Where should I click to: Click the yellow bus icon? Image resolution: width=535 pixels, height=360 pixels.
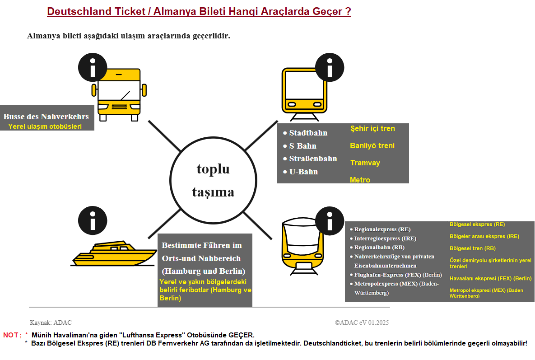coord(119,95)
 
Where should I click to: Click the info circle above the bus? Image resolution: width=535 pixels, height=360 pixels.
coord(93,68)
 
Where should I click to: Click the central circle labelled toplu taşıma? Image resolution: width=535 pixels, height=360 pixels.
coord(213,181)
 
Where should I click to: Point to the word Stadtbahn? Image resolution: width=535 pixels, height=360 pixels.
coord(308,133)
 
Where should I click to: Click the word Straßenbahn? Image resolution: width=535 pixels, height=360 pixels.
coord(313,159)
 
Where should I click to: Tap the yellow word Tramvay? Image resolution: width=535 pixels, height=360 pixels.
coord(365,163)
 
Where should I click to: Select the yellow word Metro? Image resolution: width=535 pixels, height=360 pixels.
coord(360,180)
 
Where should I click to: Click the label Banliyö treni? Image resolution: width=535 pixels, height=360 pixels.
coord(372,145)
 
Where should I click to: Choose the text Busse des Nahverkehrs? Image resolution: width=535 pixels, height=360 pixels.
coord(46,117)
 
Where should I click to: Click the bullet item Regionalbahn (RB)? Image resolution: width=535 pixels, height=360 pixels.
coord(379,247)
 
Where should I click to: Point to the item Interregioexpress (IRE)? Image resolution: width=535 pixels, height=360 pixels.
coord(385,238)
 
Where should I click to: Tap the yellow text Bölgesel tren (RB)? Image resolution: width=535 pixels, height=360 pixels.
coord(472,248)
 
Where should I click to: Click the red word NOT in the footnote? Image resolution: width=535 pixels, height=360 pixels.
coord(11,335)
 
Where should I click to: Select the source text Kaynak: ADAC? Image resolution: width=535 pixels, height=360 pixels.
coord(51,323)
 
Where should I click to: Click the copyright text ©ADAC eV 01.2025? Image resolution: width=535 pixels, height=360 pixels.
coord(362,323)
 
